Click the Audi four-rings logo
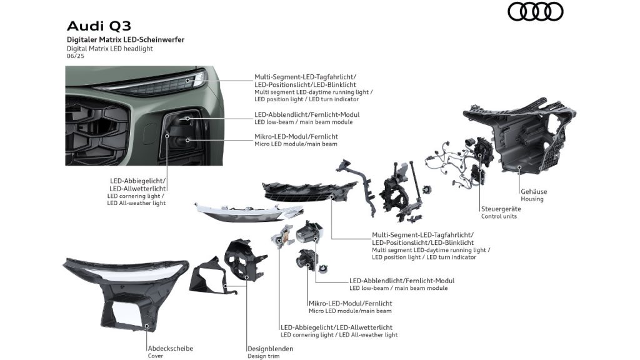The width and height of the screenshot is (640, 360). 535,11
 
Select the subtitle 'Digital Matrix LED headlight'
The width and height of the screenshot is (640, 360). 109,48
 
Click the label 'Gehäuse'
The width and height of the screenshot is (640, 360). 534,191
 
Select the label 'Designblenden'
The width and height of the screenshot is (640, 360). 270,349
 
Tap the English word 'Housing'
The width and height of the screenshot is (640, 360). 532,199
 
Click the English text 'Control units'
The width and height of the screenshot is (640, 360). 499,217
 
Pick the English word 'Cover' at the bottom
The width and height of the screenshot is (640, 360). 155,356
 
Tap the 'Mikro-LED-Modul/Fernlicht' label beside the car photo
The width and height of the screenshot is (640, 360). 296,136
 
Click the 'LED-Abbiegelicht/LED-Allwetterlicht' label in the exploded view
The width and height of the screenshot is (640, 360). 337,327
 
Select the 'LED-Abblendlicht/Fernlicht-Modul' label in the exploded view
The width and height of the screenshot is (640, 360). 402,281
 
